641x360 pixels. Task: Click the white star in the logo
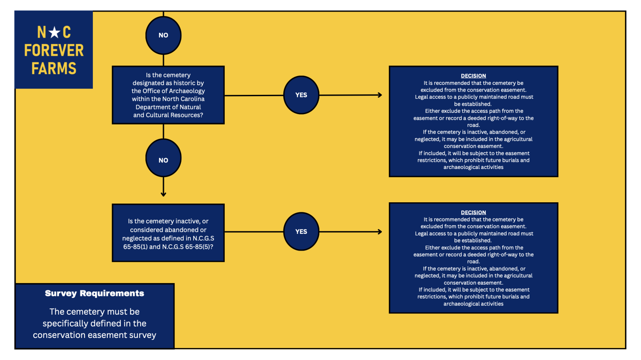coord(55,32)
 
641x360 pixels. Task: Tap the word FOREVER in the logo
coord(54,50)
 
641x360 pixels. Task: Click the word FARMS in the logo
coord(54,68)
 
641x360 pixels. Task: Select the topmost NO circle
coord(164,35)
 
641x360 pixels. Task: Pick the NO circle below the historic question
coord(164,158)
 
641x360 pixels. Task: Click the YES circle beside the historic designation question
coord(301,95)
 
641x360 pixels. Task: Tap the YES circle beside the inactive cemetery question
coord(301,231)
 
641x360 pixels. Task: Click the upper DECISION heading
coord(473,76)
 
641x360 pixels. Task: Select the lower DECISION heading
coord(473,212)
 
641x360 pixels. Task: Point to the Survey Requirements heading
coord(94,293)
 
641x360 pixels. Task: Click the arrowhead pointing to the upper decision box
coord(380,95)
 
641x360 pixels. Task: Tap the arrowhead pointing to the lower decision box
coord(380,231)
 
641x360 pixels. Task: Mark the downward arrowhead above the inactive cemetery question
coord(164,194)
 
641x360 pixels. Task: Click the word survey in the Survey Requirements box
coord(143,335)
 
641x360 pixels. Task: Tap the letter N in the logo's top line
coord(42,32)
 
